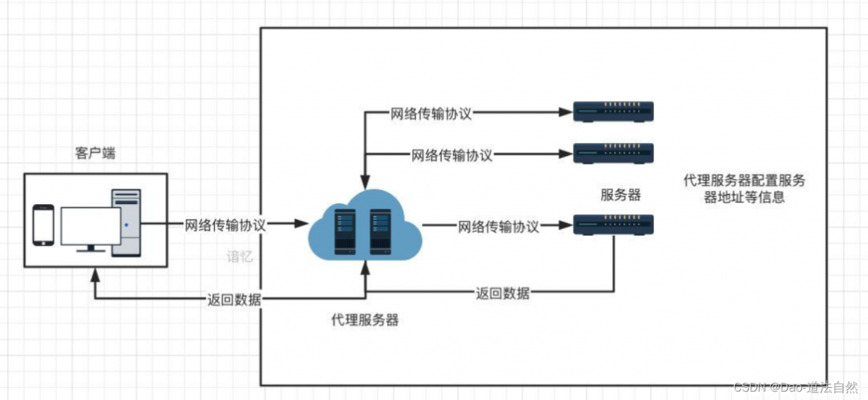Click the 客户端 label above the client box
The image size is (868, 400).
[95, 153]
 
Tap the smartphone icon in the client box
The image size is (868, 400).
[43, 225]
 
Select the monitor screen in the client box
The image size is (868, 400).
[91, 226]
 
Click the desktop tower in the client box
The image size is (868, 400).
[126, 223]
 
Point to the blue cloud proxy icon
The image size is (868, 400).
[365, 227]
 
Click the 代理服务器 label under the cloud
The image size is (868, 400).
[365, 321]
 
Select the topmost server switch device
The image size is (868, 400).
[614, 112]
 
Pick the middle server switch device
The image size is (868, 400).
[614, 153]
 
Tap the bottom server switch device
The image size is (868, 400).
[614, 225]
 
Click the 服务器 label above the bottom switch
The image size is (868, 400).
[620, 195]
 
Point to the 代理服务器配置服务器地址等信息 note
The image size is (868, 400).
[744, 189]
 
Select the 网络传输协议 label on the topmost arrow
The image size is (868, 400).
[431, 114]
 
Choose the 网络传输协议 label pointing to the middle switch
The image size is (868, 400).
[452, 155]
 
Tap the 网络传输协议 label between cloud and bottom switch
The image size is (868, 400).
[498, 226]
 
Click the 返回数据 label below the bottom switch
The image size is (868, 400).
[502, 294]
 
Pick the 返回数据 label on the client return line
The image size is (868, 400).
[234, 300]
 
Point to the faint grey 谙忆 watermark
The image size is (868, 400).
[239, 257]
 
